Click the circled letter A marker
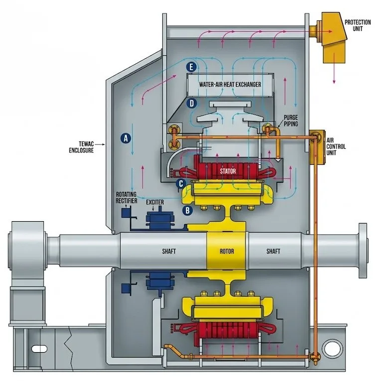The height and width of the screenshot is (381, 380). (x=126, y=138)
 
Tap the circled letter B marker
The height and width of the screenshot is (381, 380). (x=187, y=210)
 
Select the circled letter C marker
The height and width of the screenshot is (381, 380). (x=181, y=183)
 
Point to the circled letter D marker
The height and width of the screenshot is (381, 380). (x=192, y=104)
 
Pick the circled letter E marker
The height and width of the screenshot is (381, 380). (x=191, y=67)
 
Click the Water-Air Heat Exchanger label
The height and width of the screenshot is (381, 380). (x=230, y=85)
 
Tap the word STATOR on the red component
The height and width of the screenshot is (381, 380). (x=228, y=171)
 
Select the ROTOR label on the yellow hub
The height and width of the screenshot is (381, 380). (x=227, y=251)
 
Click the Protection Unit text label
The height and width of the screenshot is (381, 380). (x=358, y=25)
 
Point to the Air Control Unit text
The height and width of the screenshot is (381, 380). (x=336, y=146)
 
